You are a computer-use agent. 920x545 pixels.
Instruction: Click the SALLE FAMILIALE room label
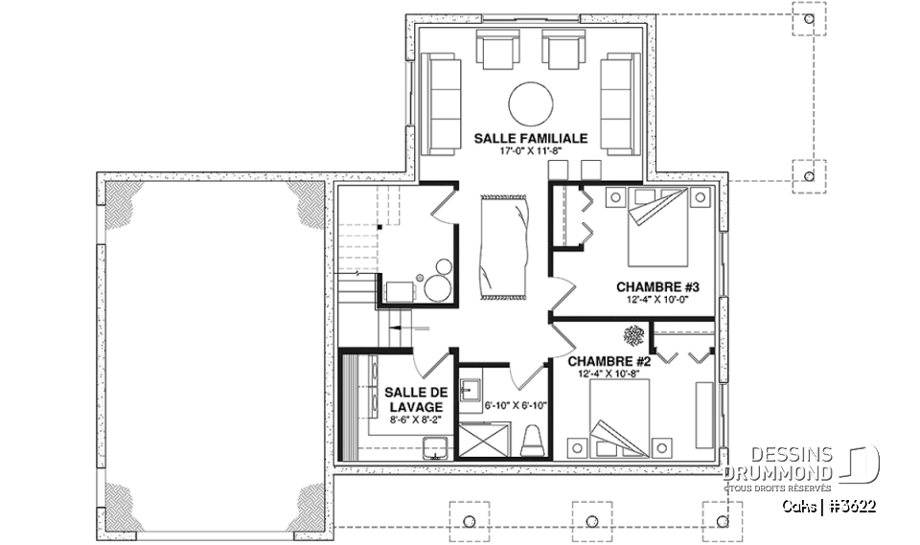click(531, 138)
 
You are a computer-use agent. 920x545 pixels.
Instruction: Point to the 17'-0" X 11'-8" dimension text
click(531, 151)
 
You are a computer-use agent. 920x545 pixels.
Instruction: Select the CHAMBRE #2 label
click(609, 361)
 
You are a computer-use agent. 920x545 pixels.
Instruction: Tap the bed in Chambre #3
click(658, 228)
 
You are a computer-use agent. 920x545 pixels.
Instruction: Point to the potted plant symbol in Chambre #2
click(634, 335)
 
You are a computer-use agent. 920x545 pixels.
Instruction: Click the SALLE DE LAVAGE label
click(415, 399)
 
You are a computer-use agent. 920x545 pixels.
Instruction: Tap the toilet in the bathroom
click(534, 441)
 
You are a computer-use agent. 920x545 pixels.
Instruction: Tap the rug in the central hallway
click(503, 245)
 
